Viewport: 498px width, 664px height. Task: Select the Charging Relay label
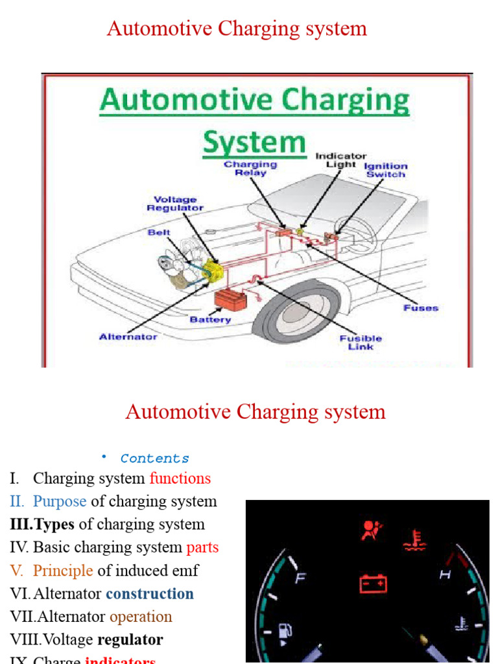(x=250, y=169)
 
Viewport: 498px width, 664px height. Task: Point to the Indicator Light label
(x=341, y=160)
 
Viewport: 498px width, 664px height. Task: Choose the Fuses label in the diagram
(x=421, y=307)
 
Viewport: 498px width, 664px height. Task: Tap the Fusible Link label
(x=361, y=342)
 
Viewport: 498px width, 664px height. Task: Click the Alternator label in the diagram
(x=128, y=337)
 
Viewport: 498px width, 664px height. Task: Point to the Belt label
(x=159, y=231)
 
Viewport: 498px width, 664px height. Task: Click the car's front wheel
(x=290, y=321)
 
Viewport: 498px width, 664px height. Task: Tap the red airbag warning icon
(x=372, y=530)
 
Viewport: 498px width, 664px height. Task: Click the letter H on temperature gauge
(x=445, y=574)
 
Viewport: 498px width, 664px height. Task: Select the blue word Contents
(x=155, y=458)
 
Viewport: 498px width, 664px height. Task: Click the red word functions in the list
(x=180, y=479)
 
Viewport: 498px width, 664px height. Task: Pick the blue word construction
(x=150, y=594)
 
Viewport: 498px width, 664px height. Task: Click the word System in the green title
(x=254, y=141)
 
